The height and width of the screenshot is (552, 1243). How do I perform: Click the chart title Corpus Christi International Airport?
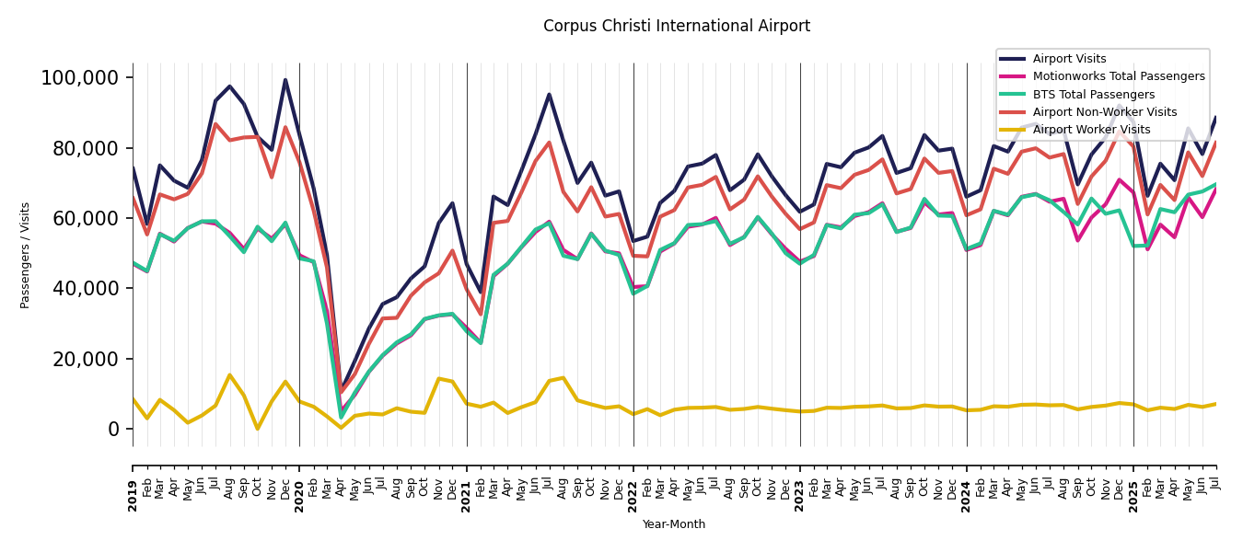point(677,26)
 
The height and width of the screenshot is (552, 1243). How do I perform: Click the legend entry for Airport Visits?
point(1069,59)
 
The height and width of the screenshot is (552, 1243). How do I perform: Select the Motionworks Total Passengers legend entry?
point(1118,76)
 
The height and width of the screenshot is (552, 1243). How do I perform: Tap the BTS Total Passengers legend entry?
point(1093,95)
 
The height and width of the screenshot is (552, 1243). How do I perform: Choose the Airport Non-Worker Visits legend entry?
point(1104,112)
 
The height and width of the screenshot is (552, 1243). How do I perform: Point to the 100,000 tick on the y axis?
point(80,78)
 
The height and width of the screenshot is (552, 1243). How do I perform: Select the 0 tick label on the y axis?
point(114,429)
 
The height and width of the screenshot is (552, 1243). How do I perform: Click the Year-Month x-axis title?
point(674,524)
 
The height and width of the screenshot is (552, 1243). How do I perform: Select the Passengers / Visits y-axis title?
point(26,255)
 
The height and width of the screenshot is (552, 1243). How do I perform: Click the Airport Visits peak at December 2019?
point(285,80)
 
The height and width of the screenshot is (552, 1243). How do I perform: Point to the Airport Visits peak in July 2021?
point(550,94)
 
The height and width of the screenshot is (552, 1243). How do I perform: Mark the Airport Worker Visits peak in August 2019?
point(229,374)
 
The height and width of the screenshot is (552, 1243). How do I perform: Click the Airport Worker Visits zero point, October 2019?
point(258,429)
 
